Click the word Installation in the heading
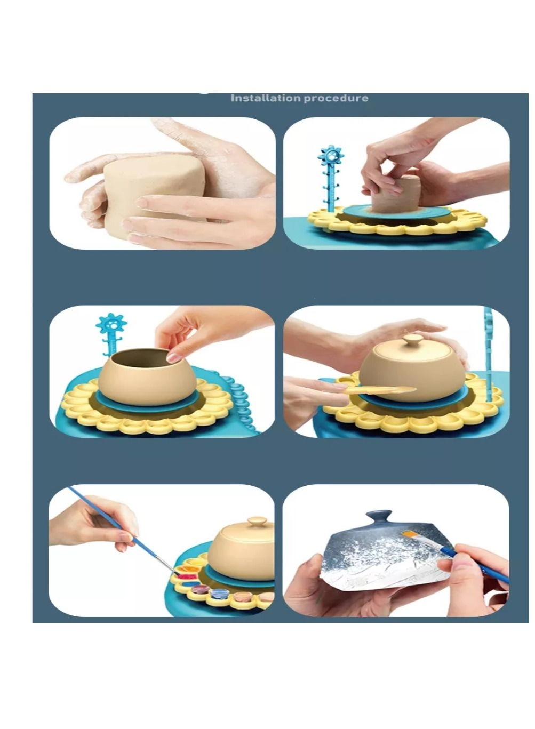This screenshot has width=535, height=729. point(265,98)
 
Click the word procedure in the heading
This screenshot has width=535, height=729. point(336,98)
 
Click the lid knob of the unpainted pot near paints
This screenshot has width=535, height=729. point(258,521)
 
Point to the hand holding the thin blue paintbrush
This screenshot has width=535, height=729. point(96,523)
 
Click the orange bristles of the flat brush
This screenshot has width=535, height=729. point(410,533)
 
